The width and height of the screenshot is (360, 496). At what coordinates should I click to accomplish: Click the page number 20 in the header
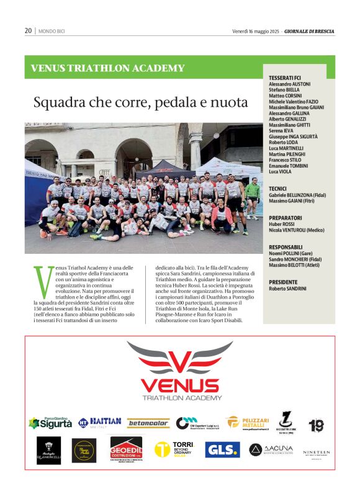pyautogui.click(x=28, y=31)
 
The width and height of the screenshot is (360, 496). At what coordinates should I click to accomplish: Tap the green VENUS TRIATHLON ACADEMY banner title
pyautogui.click(x=107, y=68)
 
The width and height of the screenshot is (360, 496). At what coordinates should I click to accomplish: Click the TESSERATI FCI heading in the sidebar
pyautogui.click(x=285, y=78)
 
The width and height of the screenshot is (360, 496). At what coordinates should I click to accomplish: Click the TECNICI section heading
pyautogui.click(x=277, y=188)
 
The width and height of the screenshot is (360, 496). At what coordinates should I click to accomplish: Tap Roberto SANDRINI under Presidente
pyautogui.click(x=287, y=289)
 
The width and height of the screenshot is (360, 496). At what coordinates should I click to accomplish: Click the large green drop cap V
pyautogui.click(x=43, y=281)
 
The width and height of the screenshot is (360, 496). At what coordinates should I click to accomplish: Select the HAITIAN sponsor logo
pyautogui.click(x=99, y=422)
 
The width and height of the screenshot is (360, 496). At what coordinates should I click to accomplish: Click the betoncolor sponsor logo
pyautogui.click(x=148, y=423)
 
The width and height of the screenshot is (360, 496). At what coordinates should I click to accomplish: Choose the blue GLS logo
pyautogui.click(x=222, y=449)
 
